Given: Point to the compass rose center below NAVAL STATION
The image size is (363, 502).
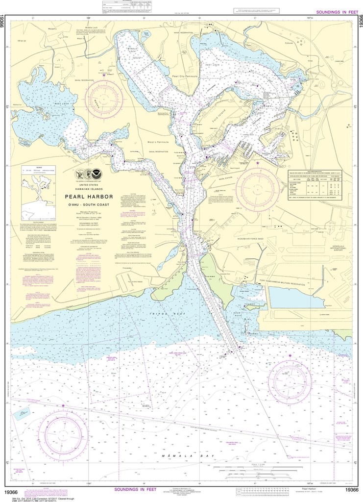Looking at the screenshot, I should [x=258, y=189].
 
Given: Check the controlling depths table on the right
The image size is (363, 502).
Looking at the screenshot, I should [x=315, y=186].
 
